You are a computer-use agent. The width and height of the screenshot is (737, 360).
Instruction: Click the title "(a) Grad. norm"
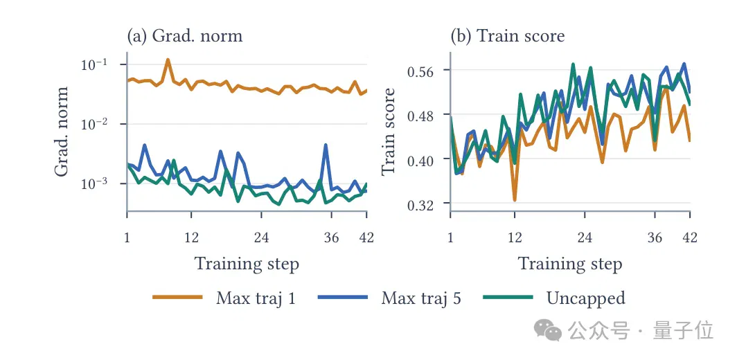(x=185, y=36)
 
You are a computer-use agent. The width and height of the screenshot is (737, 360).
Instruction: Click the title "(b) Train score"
(x=508, y=36)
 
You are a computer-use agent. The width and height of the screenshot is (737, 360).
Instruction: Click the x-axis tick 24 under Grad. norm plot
(x=261, y=237)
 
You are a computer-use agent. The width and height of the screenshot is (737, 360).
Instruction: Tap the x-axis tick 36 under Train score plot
(x=655, y=237)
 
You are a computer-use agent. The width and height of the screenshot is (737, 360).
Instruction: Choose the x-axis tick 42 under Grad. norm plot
(x=366, y=237)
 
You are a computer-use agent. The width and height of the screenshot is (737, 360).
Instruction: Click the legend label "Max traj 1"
(x=256, y=298)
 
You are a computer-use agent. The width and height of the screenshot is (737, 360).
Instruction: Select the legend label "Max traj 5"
(x=421, y=298)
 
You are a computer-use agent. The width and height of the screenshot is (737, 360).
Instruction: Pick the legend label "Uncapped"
(x=586, y=298)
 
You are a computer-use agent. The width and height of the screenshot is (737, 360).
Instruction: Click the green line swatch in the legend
(x=508, y=298)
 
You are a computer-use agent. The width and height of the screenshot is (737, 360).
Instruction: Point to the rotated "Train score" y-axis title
(x=388, y=132)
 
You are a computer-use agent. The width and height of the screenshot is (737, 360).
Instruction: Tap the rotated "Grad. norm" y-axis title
(x=62, y=132)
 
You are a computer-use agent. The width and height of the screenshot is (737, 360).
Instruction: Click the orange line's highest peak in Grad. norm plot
(x=168, y=60)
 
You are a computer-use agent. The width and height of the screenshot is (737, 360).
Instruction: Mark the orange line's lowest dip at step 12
(x=515, y=200)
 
